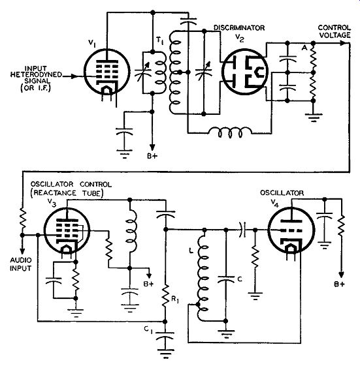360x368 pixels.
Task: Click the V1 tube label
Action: [92, 43]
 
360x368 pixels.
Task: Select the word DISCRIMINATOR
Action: [239, 27]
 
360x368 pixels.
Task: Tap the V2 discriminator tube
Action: [245, 72]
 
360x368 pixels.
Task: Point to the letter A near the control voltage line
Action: [304, 48]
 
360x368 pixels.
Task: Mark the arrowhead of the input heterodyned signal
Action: [74, 76]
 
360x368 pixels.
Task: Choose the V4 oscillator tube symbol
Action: [291, 230]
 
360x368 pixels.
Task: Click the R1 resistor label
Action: [175, 299]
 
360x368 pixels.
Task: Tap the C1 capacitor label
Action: [148, 330]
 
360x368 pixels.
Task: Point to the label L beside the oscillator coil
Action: [191, 251]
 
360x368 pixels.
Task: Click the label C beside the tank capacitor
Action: [240, 279]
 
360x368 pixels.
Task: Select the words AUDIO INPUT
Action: [21, 264]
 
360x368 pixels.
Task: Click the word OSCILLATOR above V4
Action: [282, 193]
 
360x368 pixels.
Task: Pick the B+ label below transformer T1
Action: [152, 156]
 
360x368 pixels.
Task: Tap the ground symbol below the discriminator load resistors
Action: [313, 117]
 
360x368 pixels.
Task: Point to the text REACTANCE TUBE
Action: [67, 193]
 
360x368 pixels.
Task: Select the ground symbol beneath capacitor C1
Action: [166, 354]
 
